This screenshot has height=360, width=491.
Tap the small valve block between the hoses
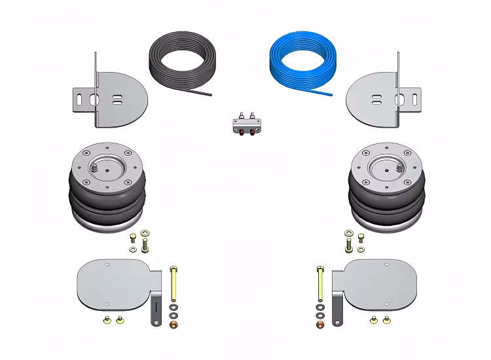click(245, 124)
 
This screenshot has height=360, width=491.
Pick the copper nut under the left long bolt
click(173, 325)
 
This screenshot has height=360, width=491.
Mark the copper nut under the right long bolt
click(319, 325)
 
